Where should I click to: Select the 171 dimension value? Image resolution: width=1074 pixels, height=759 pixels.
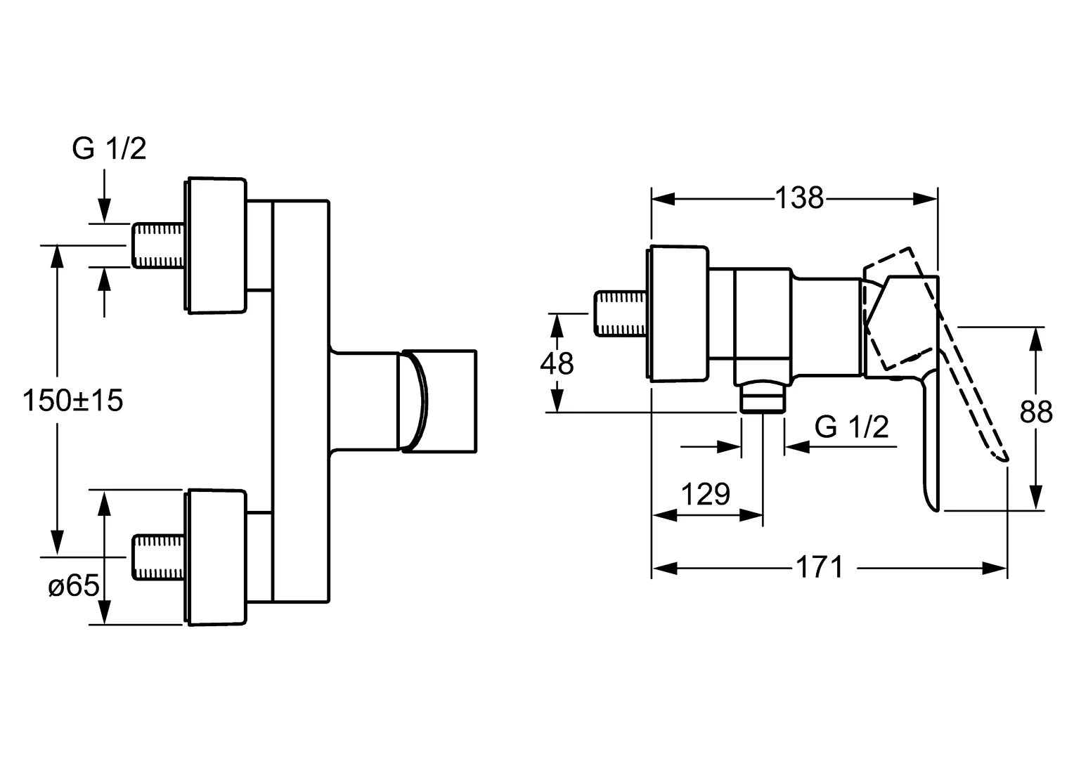click(820, 567)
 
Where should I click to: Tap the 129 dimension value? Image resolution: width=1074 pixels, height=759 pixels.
click(706, 495)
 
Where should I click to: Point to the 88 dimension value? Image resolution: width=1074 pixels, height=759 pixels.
click(1036, 413)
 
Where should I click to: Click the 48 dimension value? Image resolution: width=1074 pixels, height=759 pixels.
click(557, 363)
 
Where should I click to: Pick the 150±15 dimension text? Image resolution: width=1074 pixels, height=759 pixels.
click(72, 401)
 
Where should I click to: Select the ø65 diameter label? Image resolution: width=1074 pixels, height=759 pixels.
click(74, 585)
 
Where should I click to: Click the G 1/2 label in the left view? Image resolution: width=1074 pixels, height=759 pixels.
click(109, 149)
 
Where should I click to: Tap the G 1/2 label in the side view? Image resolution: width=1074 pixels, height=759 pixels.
click(851, 427)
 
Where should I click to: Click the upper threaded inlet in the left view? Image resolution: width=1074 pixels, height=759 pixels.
click(158, 245)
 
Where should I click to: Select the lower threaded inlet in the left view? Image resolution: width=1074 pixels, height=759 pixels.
click(158, 557)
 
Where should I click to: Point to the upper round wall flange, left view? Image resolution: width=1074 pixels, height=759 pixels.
click(216, 245)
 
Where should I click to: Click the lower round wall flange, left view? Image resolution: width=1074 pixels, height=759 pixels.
click(216, 557)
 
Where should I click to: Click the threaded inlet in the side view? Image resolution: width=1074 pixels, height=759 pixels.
click(621, 313)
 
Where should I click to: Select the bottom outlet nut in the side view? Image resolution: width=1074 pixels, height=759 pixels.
click(763, 398)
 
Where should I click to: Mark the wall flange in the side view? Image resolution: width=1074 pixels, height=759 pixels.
click(679, 313)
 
